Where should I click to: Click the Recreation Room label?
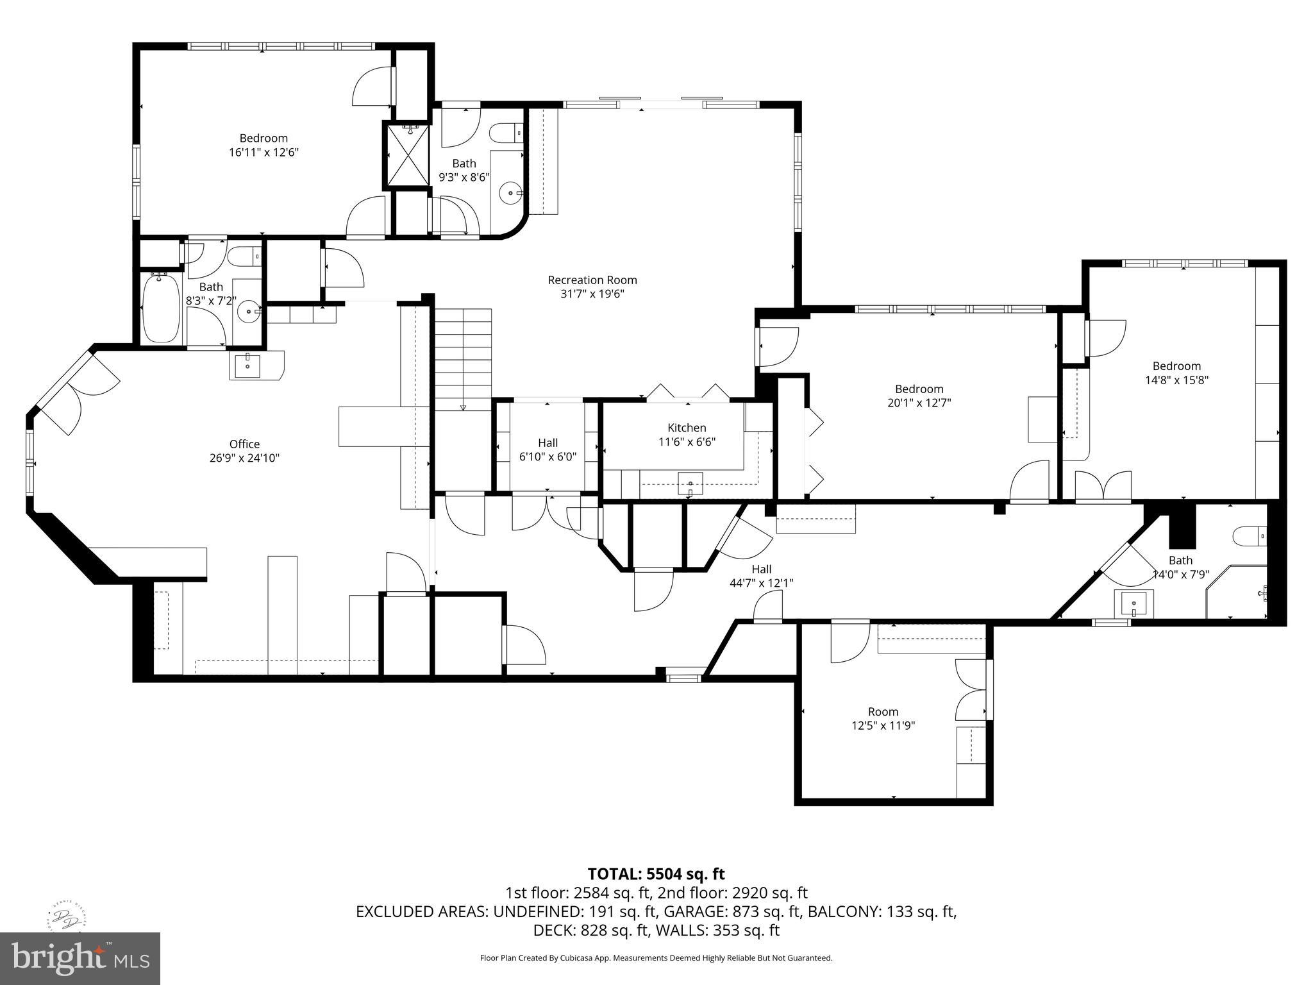tap(592, 280)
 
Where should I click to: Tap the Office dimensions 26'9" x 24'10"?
tap(244, 458)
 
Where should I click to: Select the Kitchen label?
tap(687, 428)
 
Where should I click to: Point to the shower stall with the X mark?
tap(406, 155)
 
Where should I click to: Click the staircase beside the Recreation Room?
tap(463, 359)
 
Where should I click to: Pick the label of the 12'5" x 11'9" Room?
tap(883, 711)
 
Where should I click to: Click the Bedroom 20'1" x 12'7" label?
tap(919, 389)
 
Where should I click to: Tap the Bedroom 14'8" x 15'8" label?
tap(1176, 366)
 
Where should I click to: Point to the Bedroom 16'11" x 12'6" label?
tap(263, 138)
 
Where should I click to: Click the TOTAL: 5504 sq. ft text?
tap(656, 873)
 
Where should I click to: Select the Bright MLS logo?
tap(80, 957)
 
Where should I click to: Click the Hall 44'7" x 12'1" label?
tap(761, 569)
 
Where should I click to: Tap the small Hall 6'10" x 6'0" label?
tap(548, 442)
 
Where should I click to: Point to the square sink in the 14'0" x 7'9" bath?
tap(1133, 603)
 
